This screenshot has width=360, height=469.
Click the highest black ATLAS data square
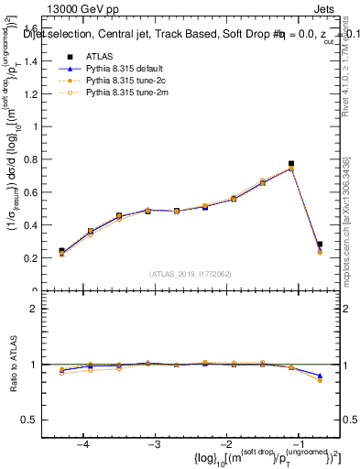click(x=291, y=164)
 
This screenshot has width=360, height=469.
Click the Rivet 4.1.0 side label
click(x=351, y=64)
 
